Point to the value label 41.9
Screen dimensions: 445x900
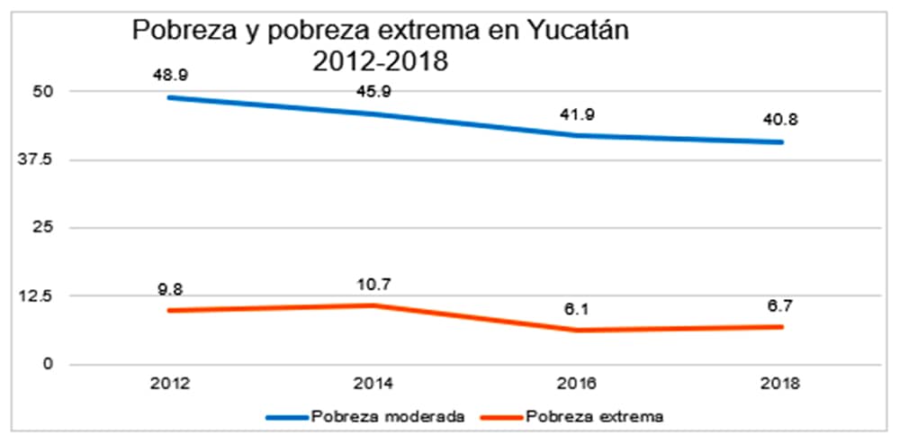(x=580, y=114)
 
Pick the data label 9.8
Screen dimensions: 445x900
(x=168, y=289)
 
